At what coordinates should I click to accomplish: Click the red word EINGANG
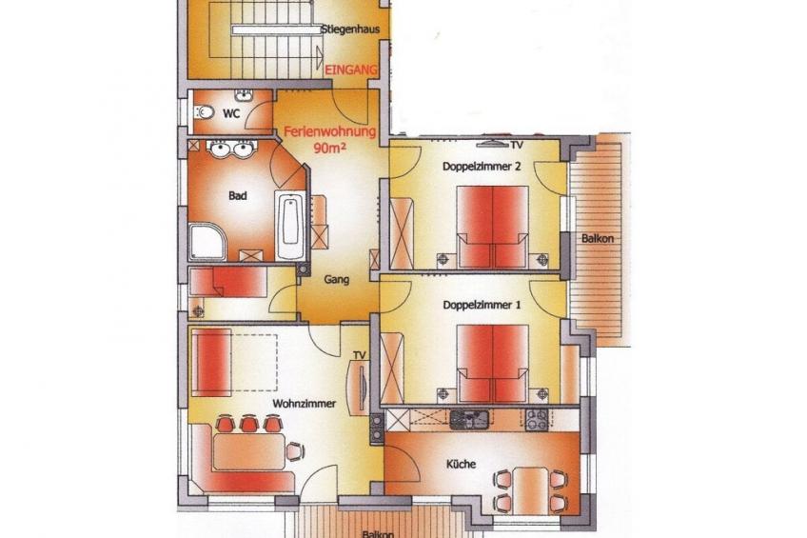351,70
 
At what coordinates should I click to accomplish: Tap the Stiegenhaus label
350,29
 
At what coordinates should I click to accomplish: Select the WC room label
231,113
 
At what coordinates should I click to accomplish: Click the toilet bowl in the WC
205,111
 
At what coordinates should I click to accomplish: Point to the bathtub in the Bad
290,225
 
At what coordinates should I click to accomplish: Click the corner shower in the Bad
207,242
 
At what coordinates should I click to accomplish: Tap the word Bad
238,195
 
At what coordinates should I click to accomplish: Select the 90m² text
330,148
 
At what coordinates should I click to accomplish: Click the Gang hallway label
337,280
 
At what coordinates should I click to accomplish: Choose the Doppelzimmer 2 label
482,167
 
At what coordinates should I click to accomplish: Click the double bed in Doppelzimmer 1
493,363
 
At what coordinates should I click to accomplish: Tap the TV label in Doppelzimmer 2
517,145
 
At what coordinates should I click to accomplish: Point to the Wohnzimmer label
305,404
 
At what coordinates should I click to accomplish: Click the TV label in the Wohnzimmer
359,355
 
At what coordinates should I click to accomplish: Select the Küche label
462,464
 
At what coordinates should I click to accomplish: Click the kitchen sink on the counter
468,419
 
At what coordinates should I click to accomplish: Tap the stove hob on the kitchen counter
537,419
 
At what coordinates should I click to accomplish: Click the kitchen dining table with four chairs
530,489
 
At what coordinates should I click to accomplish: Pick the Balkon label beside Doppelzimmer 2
598,238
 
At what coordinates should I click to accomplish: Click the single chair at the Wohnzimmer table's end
295,451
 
